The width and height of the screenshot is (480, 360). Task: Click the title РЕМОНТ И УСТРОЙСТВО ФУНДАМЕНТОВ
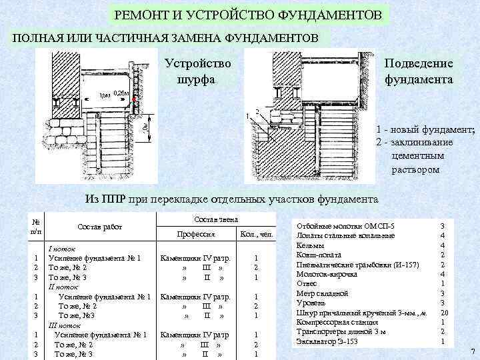pyautogui.click(x=249, y=14)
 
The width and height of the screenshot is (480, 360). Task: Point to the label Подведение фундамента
pyautogui.click(x=419, y=71)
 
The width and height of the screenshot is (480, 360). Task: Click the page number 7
pyautogui.click(x=471, y=351)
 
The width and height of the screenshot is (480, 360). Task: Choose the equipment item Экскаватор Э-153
pyautogui.click(x=326, y=341)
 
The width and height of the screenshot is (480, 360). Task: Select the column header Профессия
pyautogui.click(x=195, y=235)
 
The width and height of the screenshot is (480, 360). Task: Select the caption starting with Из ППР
pyautogui.click(x=232, y=199)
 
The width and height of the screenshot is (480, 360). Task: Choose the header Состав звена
pyautogui.click(x=215, y=219)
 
